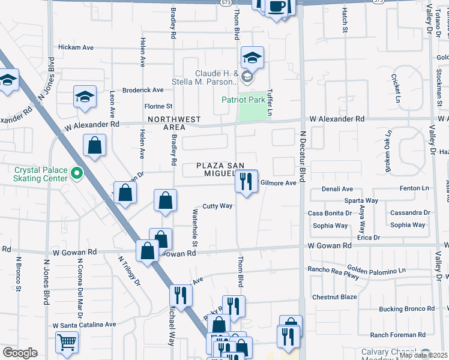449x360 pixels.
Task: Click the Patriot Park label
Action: point(243,100)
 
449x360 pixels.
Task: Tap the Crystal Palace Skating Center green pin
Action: point(76,175)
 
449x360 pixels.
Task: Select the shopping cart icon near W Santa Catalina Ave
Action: point(67,343)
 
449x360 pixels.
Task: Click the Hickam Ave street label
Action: point(76,47)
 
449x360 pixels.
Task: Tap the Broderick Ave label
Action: point(143,90)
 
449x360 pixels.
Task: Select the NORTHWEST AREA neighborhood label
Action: point(174,123)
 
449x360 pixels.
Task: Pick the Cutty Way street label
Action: point(217,206)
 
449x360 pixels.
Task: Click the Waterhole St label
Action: point(194,227)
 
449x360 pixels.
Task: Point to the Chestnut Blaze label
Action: point(334,297)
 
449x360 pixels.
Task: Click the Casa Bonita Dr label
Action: point(330,213)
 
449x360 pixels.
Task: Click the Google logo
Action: point(20,353)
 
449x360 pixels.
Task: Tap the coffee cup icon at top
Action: point(277,7)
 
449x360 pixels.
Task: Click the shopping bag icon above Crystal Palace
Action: point(95,145)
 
